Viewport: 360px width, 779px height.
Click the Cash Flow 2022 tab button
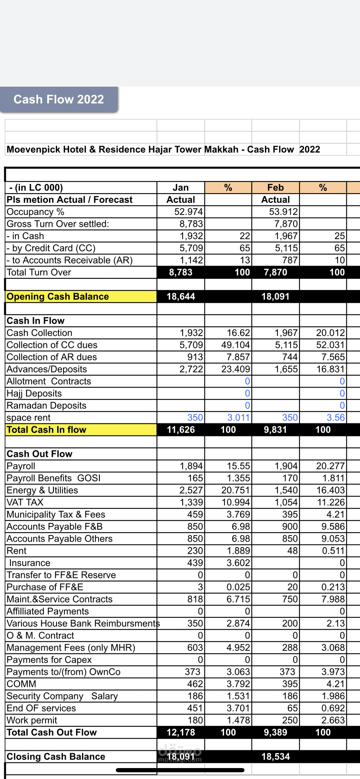point(59,100)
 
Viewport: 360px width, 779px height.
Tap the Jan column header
point(181,188)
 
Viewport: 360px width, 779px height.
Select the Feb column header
point(275,188)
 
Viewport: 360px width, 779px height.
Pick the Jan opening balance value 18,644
point(181,296)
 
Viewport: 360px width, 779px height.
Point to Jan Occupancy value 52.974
point(188,212)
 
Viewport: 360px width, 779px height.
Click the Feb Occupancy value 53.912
point(283,212)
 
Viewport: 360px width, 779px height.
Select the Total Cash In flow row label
point(47,430)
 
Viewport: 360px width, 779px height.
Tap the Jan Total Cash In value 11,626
point(181,430)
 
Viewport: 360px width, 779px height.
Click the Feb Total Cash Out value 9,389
point(275,732)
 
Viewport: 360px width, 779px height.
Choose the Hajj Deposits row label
point(34,393)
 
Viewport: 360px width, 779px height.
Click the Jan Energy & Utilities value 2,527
point(191,490)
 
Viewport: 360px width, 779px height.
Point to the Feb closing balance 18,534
point(275,756)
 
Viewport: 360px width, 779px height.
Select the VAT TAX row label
point(25,502)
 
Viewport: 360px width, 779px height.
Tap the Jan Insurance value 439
point(195,563)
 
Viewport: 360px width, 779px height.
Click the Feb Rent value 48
point(292,551)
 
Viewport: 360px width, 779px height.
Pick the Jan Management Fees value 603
point(195,647)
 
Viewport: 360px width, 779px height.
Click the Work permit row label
point(32,720)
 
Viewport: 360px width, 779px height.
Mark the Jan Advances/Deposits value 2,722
point(191,369)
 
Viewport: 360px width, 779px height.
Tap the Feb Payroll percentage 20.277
point(330,466)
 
